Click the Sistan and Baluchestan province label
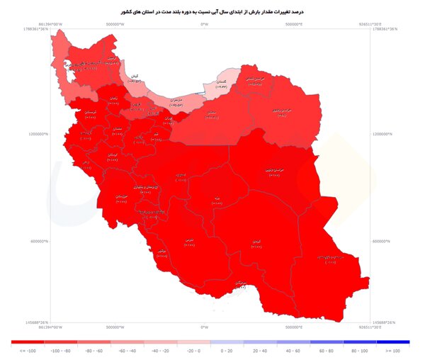point(330,257)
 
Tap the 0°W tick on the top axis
point(204,24)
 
